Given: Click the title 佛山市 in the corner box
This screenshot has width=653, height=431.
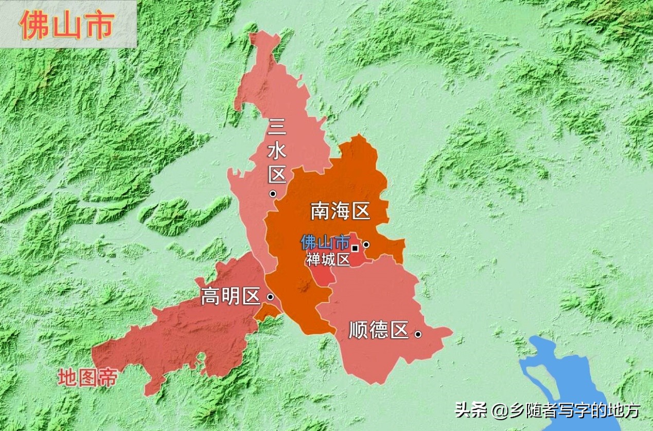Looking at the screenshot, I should pos(67,24).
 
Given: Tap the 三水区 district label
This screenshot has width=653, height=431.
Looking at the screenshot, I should pos(277,150).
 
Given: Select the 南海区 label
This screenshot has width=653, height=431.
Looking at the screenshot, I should pos(340,211).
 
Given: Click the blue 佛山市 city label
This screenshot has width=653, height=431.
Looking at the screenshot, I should pos(325,242).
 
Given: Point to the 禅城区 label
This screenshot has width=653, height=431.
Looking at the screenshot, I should pos(328,259).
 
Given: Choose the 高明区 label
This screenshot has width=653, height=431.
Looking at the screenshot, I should pos(230,296).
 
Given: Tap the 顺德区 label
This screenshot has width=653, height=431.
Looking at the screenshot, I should pos(378,330).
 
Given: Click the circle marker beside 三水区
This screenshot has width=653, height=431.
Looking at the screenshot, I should pos(273,194).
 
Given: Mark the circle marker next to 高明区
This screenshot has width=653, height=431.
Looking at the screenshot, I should pos(270,297).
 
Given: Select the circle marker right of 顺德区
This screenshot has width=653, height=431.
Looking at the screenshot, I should pos(418,334).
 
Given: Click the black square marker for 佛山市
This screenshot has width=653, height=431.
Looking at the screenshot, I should pos(355,248).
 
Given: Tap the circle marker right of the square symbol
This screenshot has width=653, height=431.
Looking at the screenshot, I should pos(366,244).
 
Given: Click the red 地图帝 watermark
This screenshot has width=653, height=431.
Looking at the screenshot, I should pos(87,378).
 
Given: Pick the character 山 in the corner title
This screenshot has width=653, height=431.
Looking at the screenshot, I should pos(67,25).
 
